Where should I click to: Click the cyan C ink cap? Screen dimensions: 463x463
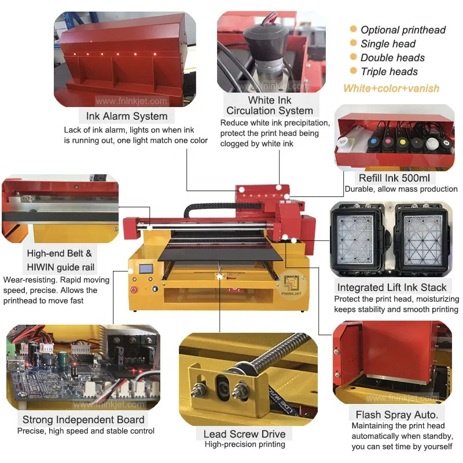374,141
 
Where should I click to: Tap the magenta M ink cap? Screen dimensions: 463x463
388,141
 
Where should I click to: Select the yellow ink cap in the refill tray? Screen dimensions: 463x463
402,142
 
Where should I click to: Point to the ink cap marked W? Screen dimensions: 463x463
446,143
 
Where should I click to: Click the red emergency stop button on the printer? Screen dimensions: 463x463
134,290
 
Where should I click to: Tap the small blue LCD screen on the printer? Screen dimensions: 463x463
146,269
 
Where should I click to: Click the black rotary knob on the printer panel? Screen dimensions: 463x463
155,288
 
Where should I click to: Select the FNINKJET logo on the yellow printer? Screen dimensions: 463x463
292,285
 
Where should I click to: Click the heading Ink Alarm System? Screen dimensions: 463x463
127,116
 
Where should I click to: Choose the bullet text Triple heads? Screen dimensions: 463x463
389,72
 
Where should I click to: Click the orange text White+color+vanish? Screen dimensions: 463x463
391,89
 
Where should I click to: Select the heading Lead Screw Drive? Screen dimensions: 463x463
244,434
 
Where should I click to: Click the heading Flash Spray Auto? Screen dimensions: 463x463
396,415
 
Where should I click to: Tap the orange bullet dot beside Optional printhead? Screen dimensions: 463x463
353,29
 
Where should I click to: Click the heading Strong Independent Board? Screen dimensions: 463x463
83,420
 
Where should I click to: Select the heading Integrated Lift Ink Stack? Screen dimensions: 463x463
392,287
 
